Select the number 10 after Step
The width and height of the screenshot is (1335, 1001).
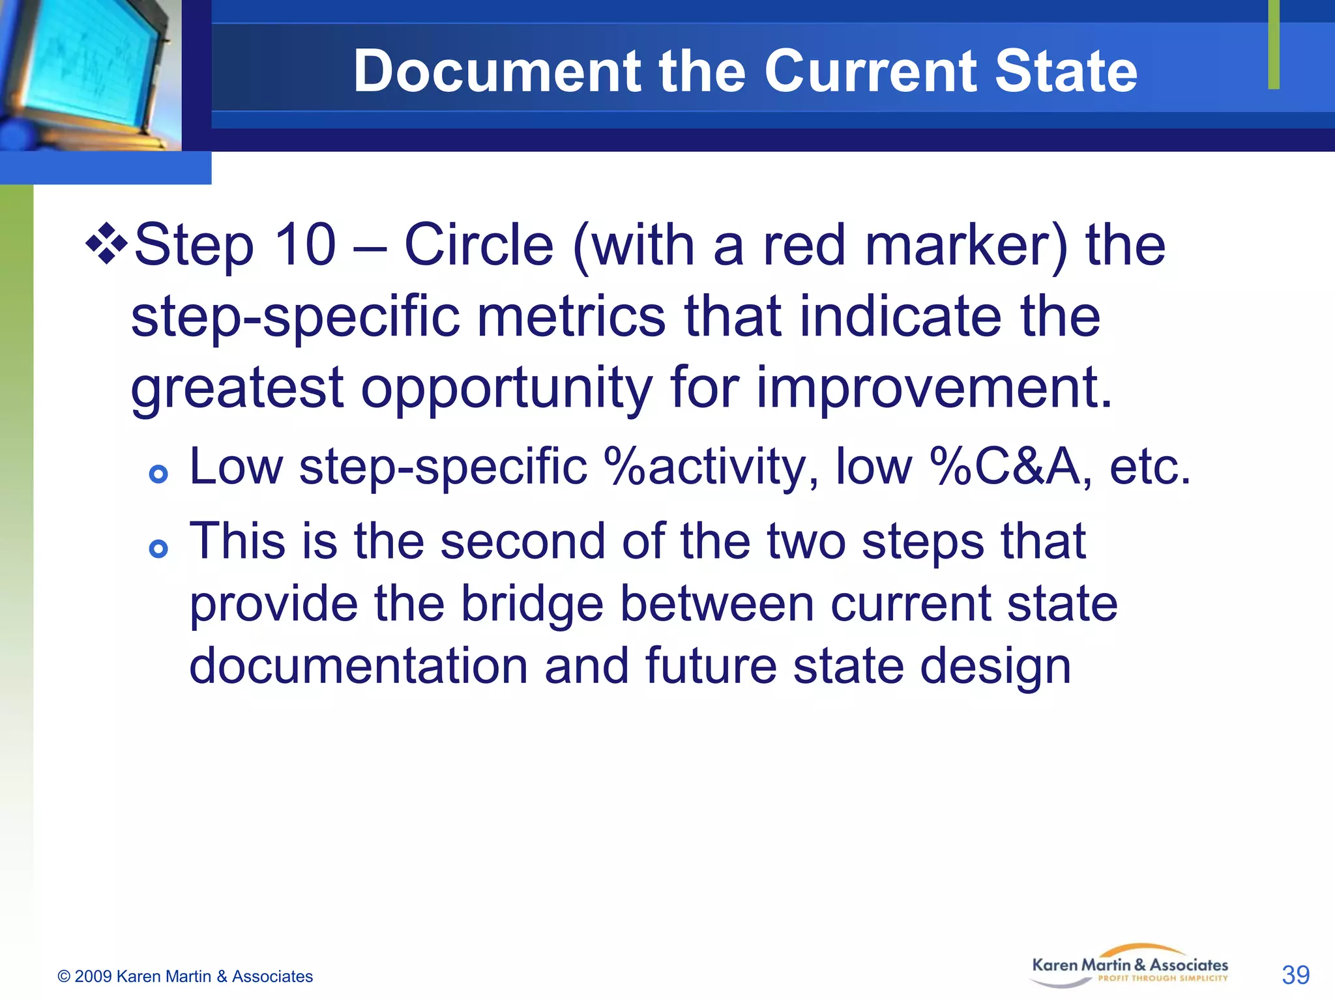coord(305,246)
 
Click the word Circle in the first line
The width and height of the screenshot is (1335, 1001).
coord(478,246)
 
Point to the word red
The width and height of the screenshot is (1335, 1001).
coord(804,246)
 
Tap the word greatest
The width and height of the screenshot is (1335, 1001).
coord(237,388)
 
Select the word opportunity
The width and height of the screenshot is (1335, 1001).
coord(506,389)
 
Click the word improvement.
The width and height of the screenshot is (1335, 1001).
coord(933,389)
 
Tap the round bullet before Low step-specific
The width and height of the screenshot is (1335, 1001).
coord(158,474)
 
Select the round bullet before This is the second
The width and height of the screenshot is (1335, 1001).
coord(158,549)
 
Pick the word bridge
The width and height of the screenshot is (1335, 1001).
coord(532,603)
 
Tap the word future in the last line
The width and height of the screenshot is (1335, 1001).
coord(711,666)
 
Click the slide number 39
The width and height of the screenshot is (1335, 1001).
coord(1295,975)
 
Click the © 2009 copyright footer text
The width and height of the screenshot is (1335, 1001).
coord(185,976)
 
